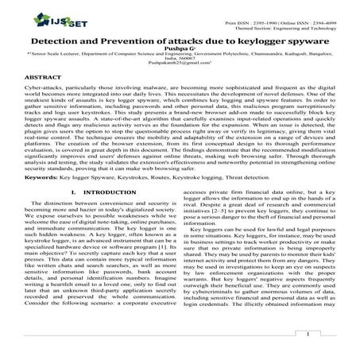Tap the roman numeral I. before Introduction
(73, 213)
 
